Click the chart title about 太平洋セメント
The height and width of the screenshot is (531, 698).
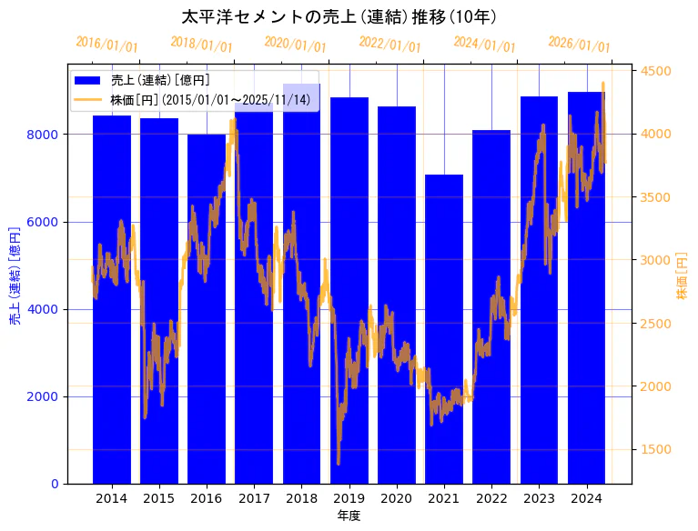(x=339, y=17)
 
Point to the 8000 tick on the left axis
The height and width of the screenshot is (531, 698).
(x=46, y=135)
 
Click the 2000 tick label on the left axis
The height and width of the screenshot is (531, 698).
(x=46, y=396)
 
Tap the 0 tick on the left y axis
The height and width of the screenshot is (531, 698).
(x=55, y=484)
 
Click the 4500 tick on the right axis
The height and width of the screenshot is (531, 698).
(x=656, y=71)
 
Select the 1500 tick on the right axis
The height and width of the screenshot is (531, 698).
(x=656, y=449)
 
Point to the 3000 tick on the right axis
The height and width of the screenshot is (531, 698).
(x=656, y=260)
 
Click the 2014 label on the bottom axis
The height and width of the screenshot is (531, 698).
(x=112, y=498)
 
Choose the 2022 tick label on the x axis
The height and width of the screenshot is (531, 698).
(x=491, y=498)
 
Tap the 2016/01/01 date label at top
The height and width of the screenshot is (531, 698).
(x=106, y=44)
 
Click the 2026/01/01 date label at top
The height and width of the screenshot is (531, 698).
(x=579, y=45)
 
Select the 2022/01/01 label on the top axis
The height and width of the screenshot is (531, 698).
(x=389, y=44)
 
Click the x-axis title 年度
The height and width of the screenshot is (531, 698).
(x=349, y=516)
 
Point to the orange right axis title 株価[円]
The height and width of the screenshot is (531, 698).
(x=683, y=276)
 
